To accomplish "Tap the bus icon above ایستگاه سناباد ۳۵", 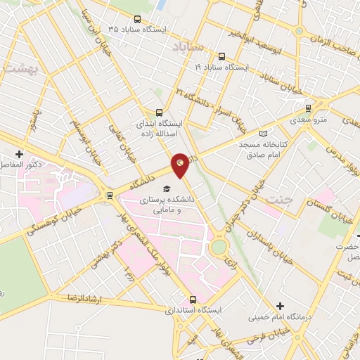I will (136, 19).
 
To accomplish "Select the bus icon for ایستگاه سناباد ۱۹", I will (221, 57).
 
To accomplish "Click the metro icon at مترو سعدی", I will (309, 108).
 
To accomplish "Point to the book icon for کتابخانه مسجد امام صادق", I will (264, 132).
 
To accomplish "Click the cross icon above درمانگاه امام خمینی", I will (281, 306).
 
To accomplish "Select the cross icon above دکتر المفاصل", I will (20, 154).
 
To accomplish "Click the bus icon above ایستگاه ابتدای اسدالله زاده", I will (159, 112).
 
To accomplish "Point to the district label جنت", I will (278, 201).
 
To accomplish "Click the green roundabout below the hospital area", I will (219, 247).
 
